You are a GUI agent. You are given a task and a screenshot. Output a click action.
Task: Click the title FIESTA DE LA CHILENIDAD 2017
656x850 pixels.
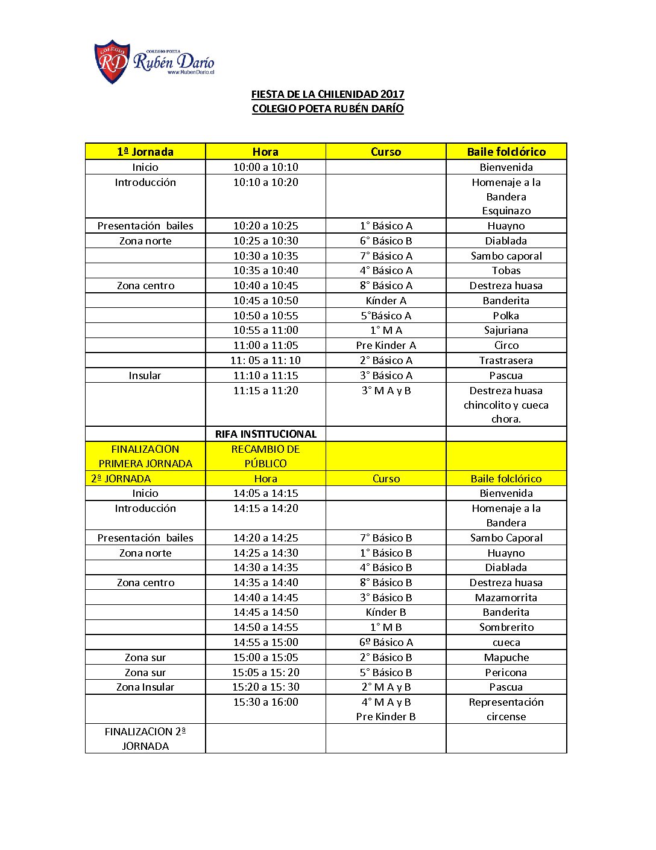coord(327,94)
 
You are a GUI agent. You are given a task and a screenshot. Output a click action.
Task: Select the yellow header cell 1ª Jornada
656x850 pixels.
coord(145,152)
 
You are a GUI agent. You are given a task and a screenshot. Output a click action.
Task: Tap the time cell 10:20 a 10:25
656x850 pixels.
coord(265,226)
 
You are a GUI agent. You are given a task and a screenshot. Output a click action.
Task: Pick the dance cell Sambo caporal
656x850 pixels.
coord(506,256)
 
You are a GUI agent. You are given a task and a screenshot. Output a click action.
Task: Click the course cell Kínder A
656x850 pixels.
coord(386,301)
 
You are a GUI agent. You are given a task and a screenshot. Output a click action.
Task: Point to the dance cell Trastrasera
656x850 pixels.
coord(506,360)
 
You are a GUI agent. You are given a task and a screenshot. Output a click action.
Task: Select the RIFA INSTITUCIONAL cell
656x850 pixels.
coord(265,434)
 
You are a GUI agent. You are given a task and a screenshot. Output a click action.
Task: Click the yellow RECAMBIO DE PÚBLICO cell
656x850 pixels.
coord(265,456)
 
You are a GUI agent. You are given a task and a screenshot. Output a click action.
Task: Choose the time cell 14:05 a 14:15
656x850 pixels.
coord(265,493)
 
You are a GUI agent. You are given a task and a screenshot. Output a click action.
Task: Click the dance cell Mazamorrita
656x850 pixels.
coord(506,598)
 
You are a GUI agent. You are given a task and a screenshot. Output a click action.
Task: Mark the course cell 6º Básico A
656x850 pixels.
coord(386,642)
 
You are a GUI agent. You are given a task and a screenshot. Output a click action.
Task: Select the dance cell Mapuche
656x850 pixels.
coord(506,657)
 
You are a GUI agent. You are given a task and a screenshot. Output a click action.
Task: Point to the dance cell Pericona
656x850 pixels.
coord(506,673)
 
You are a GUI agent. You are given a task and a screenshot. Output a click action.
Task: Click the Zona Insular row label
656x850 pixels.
coord(145,687)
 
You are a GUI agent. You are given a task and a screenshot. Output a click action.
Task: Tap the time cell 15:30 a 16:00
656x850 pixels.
coord(265,702)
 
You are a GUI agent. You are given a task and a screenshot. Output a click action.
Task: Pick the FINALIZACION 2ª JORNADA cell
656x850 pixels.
coord(145,738)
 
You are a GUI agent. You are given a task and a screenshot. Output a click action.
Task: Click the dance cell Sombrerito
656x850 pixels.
coord(506,627)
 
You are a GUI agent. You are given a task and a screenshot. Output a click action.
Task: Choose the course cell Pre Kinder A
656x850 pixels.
coord(386,345)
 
